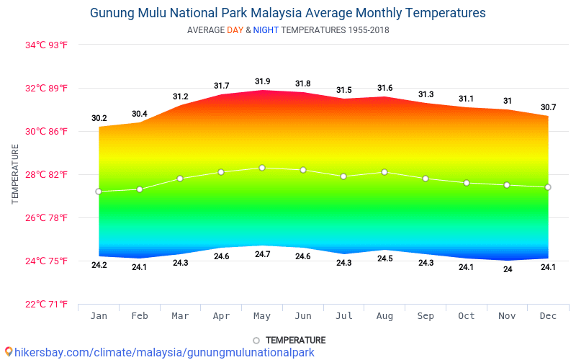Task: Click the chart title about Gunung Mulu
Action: pyautogui.click(x=288, y=13)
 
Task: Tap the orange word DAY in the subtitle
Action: pyautogui.click(x=235, y=30)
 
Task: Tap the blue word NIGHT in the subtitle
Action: pyautogui.click(x=265, y=30)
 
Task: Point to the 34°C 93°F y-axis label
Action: pyautogui.click(x=47, y=45)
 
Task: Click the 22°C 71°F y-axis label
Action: pyautogui.click(x=47, y=304)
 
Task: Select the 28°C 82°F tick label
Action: pyautogui.click(x=47, y=174)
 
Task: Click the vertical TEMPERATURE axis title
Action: pyautogui.click(x=15, y=174)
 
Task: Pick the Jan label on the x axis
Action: pyautogui.click(x=99, y=316)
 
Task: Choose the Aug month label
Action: pyautogui.click(x=384, y=316)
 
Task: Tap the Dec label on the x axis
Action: pyautogui.click(x=548, y=316)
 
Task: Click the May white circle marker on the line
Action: pyautogui.click(x=262, y=168)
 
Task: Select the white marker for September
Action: pyautogui.click(x=426, y=179)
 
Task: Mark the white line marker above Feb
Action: pyautogui.click(x=140, y=189)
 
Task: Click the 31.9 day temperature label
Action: pyautogui.click(x=262, y=81)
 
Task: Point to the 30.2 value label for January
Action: pyautogui.click(x=99, y=118)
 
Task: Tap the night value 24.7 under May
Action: pyautogui.click(x=262, y=254)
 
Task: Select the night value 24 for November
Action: pyautogui.click(x=508, y=269)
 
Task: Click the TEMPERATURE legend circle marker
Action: pyautogui.click(x=256, y=341)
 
